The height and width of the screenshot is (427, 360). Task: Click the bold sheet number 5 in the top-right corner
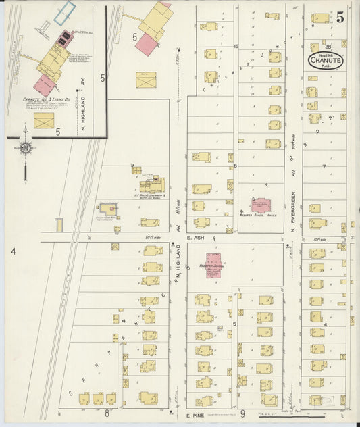pyautogui.click(x=341, y=18)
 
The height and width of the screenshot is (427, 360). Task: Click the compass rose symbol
pyautogui.click(x=25, y=148)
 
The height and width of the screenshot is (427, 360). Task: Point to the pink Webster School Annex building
pyautogui.click(x=261, y=205)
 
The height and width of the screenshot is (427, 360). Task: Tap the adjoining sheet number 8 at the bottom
pyautogui.click(x=107, y=411)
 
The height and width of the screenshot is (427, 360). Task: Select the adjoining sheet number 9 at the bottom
pyautogui.click(x=242, y=411)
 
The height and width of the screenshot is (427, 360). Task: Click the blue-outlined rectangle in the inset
pyautogui.click(x=65, y=11)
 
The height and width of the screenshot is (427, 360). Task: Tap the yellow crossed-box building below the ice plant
pyautogui.click(x=45, y=121)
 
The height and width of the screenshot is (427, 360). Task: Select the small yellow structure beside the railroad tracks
pyautogui.click(x=59, y=224)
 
